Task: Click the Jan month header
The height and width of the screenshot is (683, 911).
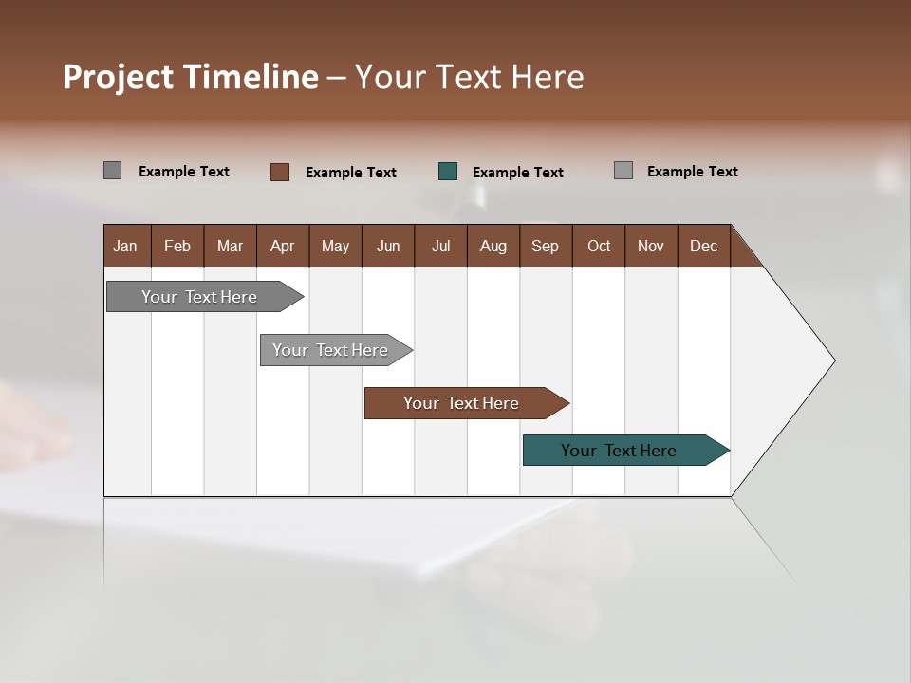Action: tap(126, 246)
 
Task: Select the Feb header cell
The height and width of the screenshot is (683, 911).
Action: tap(177, 246)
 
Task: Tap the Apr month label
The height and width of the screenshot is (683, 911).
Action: tap(283, 246)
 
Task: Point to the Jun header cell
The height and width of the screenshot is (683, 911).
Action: tap(388, 246)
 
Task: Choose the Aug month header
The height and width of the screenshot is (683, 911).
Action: tap(493, 246)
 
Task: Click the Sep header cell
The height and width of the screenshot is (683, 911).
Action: tap(546, 246)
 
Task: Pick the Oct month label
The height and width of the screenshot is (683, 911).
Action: tap(599, 246)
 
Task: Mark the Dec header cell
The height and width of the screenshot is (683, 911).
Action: tap(704, 246)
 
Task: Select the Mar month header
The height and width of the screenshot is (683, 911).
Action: tap(231, 246)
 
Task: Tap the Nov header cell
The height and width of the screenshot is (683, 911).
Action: tap(651, 246)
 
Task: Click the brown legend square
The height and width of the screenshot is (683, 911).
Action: tap(280, 172)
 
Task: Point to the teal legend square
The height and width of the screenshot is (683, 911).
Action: tap(448, 172)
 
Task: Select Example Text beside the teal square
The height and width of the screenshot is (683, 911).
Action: tap(518, 173)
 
